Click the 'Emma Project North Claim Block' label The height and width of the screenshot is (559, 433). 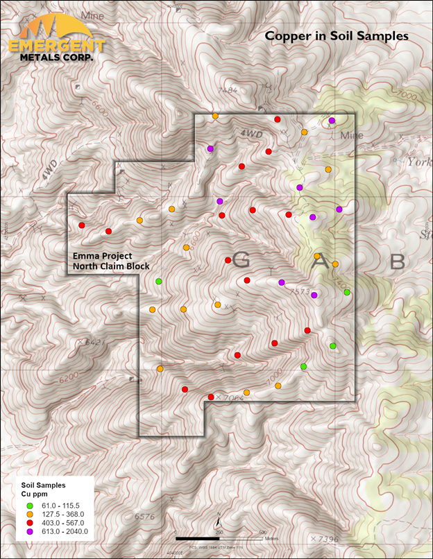[x=111, y=260]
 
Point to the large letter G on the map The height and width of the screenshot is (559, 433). [x=241, y=260]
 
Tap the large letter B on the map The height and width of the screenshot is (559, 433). [x=397, y=262]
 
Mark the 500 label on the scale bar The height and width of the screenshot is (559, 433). [x=262, y=532]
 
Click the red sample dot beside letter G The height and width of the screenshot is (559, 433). [x=228, y=260]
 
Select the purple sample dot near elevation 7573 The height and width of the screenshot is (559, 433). [x=314, y=295]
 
